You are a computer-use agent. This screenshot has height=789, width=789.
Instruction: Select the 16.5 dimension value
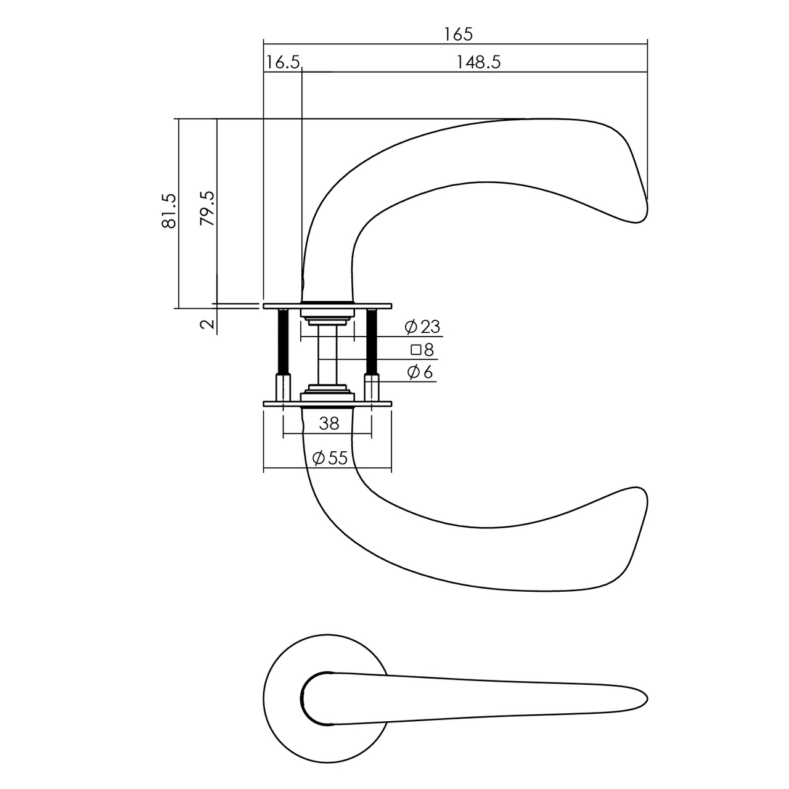(283, 62)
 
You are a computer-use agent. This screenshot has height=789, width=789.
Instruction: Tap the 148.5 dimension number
(478, 62)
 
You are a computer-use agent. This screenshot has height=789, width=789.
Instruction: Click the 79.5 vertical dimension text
(208, 208)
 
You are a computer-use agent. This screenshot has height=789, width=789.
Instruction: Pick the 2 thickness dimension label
(208, 324)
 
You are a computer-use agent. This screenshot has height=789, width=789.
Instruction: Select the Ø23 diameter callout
(423, 327)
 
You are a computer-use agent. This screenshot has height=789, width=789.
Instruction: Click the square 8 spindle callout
(423, 350)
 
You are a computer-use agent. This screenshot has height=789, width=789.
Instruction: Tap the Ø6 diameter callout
(420, 372)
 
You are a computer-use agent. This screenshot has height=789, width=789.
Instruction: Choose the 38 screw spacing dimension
(329, 423)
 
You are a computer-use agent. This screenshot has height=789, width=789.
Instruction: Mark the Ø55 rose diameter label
(330, 458)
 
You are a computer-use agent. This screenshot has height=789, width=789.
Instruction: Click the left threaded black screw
(283, 342)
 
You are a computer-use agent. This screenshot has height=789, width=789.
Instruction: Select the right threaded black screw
(372, 342)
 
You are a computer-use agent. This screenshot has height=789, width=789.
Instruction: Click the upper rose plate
(327, 305)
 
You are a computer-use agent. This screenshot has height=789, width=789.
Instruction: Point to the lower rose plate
(327, 404)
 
